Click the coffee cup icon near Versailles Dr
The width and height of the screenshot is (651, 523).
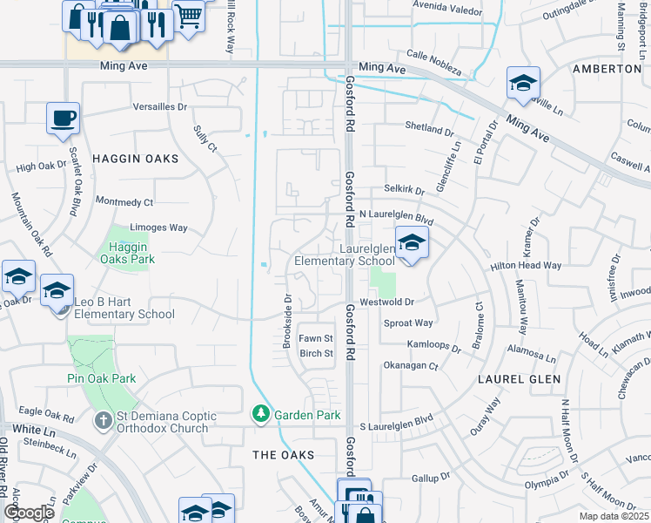point(64,118)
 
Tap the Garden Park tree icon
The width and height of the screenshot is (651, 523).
point(259,414)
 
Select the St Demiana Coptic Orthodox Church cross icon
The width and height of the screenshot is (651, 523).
point(102,419)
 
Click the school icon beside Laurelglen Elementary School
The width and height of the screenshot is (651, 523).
point(412,243)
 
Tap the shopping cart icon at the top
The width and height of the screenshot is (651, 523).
point(186,15)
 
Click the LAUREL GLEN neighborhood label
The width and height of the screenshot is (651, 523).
point(518,379)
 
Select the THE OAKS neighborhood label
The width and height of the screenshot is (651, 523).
point(282,455)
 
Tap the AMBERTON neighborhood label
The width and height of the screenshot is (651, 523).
point(607,68)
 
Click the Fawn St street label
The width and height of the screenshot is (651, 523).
point(316,337)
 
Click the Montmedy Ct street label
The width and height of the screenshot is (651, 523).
point(124,201)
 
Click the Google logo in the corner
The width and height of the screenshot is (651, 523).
point(29,513)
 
